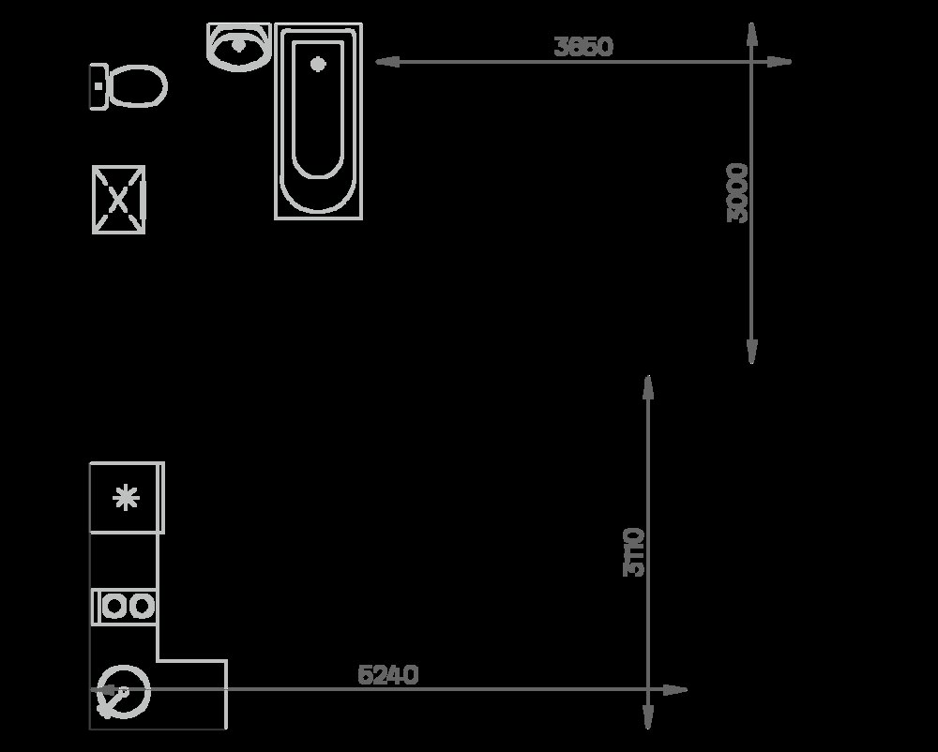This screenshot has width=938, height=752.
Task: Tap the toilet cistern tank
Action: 98,86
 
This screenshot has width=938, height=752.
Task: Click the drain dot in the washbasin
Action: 238,44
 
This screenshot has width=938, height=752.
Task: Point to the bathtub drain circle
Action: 318,64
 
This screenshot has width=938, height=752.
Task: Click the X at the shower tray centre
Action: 118,200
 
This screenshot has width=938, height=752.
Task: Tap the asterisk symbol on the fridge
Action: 127,498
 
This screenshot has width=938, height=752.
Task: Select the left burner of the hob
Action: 113,607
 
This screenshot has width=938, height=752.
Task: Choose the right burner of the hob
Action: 143,607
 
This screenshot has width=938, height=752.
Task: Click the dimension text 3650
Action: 583,47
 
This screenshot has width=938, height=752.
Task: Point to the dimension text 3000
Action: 737,192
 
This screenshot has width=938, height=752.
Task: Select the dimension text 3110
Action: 634,552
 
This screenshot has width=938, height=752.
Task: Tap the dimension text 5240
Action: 387,675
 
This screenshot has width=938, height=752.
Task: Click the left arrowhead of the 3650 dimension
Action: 387,62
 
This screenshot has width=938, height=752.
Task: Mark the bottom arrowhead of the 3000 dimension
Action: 752,351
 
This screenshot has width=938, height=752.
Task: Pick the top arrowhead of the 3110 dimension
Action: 648,387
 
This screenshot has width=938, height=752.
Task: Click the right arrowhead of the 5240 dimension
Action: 675,690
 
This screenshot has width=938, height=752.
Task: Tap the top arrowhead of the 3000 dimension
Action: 752,35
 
